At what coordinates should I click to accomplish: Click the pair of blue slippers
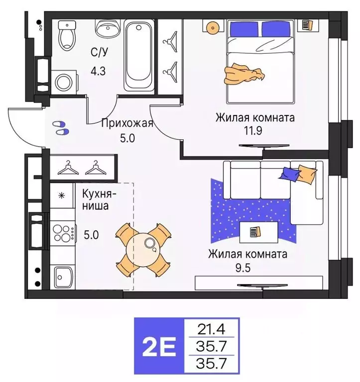[61, 127]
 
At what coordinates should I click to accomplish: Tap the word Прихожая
[126, 123]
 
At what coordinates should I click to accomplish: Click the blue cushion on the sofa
[290, 174]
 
